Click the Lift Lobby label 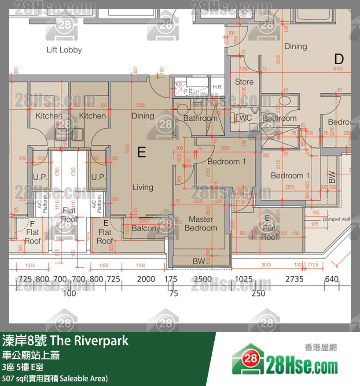[x=64, y=50]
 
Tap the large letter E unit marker [x=141, y=152]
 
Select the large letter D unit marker [x=338, y=59]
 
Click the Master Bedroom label [x=201, y=223]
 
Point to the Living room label [x=143, y=187]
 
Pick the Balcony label [x=146, y=228]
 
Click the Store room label [x=244, y=82]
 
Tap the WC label [x=246, y=118]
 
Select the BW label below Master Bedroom [x=199, y=261]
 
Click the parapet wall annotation [x=336, y=219]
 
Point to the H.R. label [x=217, y=87]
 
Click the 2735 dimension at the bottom [x=294, y=279]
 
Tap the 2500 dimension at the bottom [x=202, y=279]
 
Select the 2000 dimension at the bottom [x=146, y=279]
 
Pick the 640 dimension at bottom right [x=332, y=279]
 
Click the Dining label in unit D [x=295, y=46]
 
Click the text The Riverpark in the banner [x=89, y=341]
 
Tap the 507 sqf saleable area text [x=55, y=378]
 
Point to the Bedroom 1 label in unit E [x=226, y=162]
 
